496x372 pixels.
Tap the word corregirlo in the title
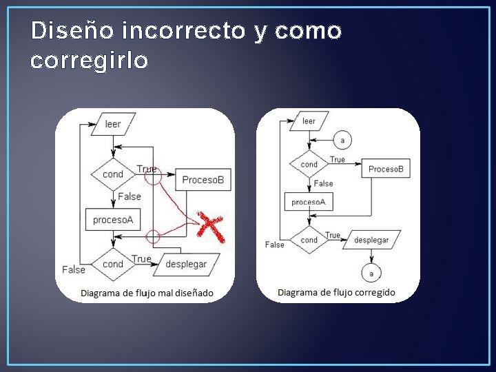tap(90, 61)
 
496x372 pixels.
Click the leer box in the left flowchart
tap(113, 125)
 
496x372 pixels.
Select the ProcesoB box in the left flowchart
tap(203, 180)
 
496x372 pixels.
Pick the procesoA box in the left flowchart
tap(113, 220)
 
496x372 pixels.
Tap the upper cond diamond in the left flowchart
tap(113, 174)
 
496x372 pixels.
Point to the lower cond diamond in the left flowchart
tap(113, 264)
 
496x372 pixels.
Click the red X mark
tap(211, 226)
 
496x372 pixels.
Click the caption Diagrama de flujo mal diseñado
tap(147, 293)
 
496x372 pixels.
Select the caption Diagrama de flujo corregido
tap(336, 292)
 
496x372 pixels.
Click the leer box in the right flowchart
tap(309, 121)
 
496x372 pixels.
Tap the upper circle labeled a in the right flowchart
tap(342, 141)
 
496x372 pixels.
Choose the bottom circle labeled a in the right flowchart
tap(371, 273)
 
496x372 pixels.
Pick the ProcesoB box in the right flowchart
tap(385, 169)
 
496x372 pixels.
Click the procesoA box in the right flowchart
tap(309, 202)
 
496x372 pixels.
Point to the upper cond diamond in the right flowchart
tap(309, 165)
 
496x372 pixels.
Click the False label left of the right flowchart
tap(274, 245)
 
